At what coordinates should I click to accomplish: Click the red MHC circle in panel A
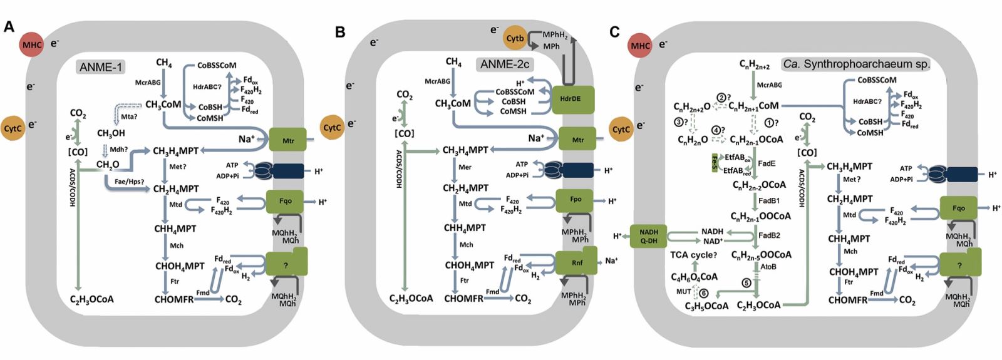pos(32,44)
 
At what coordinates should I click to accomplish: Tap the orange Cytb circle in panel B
pos(515,38)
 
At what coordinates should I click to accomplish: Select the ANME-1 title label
pos(100,66)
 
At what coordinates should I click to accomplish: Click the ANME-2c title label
pos(504,64)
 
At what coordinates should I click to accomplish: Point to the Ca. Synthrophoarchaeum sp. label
pos(856,64)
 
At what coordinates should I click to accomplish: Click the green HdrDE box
pos(574,100)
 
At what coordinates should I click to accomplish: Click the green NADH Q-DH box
pos(648,236)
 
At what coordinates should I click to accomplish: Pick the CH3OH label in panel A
pos(111,133)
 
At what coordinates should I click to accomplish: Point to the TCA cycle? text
pos(693,255)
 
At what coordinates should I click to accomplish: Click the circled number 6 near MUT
pos(704,292)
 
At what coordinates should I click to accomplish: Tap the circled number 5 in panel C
pos(746,283)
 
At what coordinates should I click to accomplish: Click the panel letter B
pos(340,32)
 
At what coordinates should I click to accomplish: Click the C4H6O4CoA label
pos(695,277)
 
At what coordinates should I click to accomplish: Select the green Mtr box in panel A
pos(287,140)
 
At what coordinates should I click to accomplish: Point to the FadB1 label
pos(769,201)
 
